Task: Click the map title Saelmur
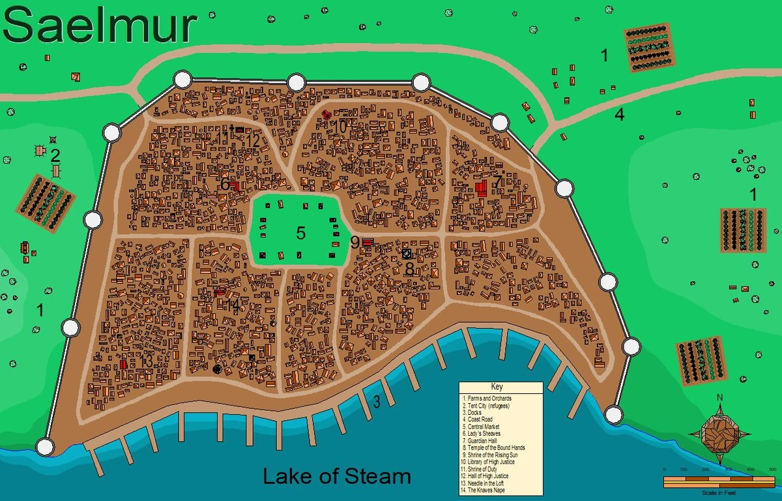[100, 27]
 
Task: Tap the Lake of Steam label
[336, 476]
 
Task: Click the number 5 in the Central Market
[300, 233]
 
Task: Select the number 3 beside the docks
[376, 401]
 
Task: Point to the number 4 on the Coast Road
[619, 115]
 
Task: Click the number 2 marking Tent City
[55, 155]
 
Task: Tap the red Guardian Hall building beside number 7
[482, 189]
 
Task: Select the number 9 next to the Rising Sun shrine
[355, 243]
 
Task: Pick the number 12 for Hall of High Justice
[253, 140]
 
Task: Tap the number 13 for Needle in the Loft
[146, 361]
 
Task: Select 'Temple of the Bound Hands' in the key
[494, 448]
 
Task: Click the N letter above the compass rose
[719, 397]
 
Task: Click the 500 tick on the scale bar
[771, 470]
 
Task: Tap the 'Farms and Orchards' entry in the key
[487, 398]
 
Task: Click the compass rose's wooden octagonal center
[719, 431]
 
